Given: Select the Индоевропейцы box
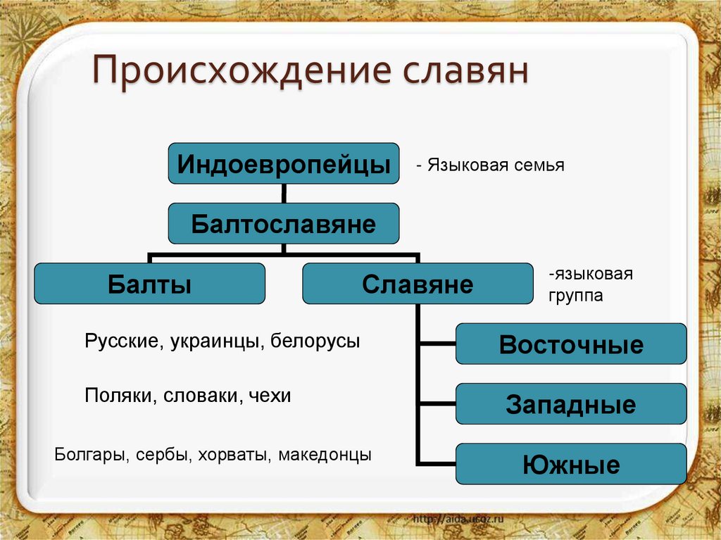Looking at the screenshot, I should click(283, 164).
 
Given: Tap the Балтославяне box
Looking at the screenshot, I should click(283, 224).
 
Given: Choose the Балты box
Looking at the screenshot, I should click(149, 284).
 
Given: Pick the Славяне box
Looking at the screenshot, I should click(418, 284).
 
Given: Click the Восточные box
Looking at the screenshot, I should click(570, 344).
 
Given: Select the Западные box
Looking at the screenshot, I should click(570, 404).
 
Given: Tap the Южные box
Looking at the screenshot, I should click(570, 464).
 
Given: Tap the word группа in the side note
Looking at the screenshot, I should click(575, 296).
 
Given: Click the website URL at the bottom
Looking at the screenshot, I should click(458, 519).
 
